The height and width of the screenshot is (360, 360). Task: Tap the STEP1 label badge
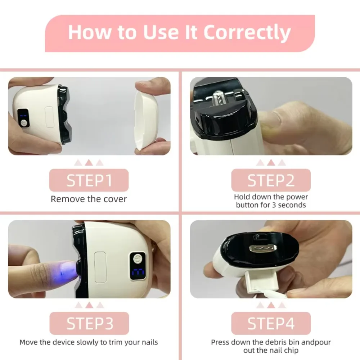tap(89, 180)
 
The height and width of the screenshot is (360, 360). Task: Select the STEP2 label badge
tap(271, 180)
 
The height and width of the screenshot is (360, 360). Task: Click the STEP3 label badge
tap(89, 323)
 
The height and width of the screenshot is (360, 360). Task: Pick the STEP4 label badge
tap(271, 323)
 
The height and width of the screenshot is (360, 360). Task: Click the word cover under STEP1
tap(115, 199)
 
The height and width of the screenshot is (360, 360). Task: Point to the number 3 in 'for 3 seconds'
tap(274, 205)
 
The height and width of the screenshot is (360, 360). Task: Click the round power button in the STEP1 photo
tap(24, 123)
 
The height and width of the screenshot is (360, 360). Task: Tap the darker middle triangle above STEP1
tap(89, 162)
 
